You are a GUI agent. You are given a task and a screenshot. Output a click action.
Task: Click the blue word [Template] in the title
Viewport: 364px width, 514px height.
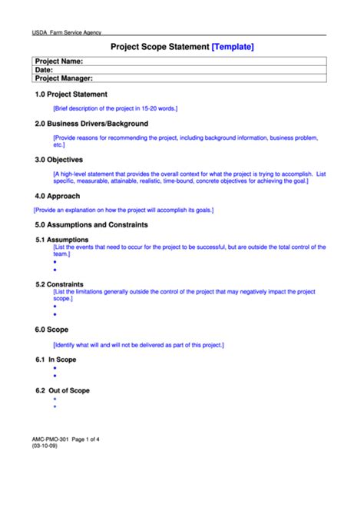[232, 47]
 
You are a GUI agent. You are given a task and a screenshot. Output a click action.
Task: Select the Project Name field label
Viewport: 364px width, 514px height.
[58, 61]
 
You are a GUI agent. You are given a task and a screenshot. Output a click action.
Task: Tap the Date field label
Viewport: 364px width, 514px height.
[44, 69]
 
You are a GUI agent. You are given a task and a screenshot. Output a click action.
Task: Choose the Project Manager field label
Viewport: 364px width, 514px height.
[64, 78]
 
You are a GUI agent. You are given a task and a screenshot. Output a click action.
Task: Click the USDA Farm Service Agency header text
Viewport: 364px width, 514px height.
[67, 33]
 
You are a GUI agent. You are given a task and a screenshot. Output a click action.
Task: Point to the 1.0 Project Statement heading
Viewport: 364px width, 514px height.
[71, 95]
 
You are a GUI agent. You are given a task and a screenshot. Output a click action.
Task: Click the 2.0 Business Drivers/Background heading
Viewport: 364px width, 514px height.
[91, 123]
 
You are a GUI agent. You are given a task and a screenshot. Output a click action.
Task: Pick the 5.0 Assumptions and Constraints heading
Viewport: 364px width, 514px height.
[91, 225]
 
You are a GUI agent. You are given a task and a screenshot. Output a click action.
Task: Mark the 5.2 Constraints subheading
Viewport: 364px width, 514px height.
[59, 284]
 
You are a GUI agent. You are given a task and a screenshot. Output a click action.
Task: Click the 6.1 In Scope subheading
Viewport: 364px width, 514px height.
[56, 360]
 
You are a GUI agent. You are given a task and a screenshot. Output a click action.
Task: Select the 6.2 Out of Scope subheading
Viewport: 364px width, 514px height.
[62, 390]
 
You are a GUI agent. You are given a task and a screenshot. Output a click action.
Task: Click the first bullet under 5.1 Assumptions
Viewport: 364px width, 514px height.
[55, 262]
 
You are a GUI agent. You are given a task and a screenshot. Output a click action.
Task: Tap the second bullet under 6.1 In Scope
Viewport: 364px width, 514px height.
[55, 376]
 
